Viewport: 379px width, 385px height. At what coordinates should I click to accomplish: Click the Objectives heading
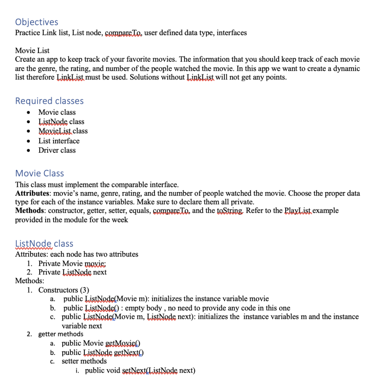click(x=37, y=22)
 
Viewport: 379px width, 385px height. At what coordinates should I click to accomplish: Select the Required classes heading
click(x=49, y=101)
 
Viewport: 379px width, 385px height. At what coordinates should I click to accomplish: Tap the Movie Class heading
click(x=40, y=173)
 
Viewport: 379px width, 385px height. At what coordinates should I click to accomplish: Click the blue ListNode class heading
click(x=44, y=244)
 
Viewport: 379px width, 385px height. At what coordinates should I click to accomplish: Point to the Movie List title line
click(x=32, y=50)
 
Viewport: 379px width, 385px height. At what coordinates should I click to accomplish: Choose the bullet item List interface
click(x=59, y=141)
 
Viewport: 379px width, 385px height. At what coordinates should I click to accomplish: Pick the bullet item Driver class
click(x=57, y=150)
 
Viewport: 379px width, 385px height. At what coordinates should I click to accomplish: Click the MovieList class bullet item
click(x=63, y=131)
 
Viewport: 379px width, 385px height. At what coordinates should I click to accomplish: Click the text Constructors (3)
click(x=63, y=290)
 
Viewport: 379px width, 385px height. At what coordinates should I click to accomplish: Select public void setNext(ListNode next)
click(x=140, y=371)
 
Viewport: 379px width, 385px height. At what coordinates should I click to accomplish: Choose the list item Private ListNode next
click(x=72, y=272)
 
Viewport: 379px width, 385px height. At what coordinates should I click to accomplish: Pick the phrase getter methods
click(x=61, y=334)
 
